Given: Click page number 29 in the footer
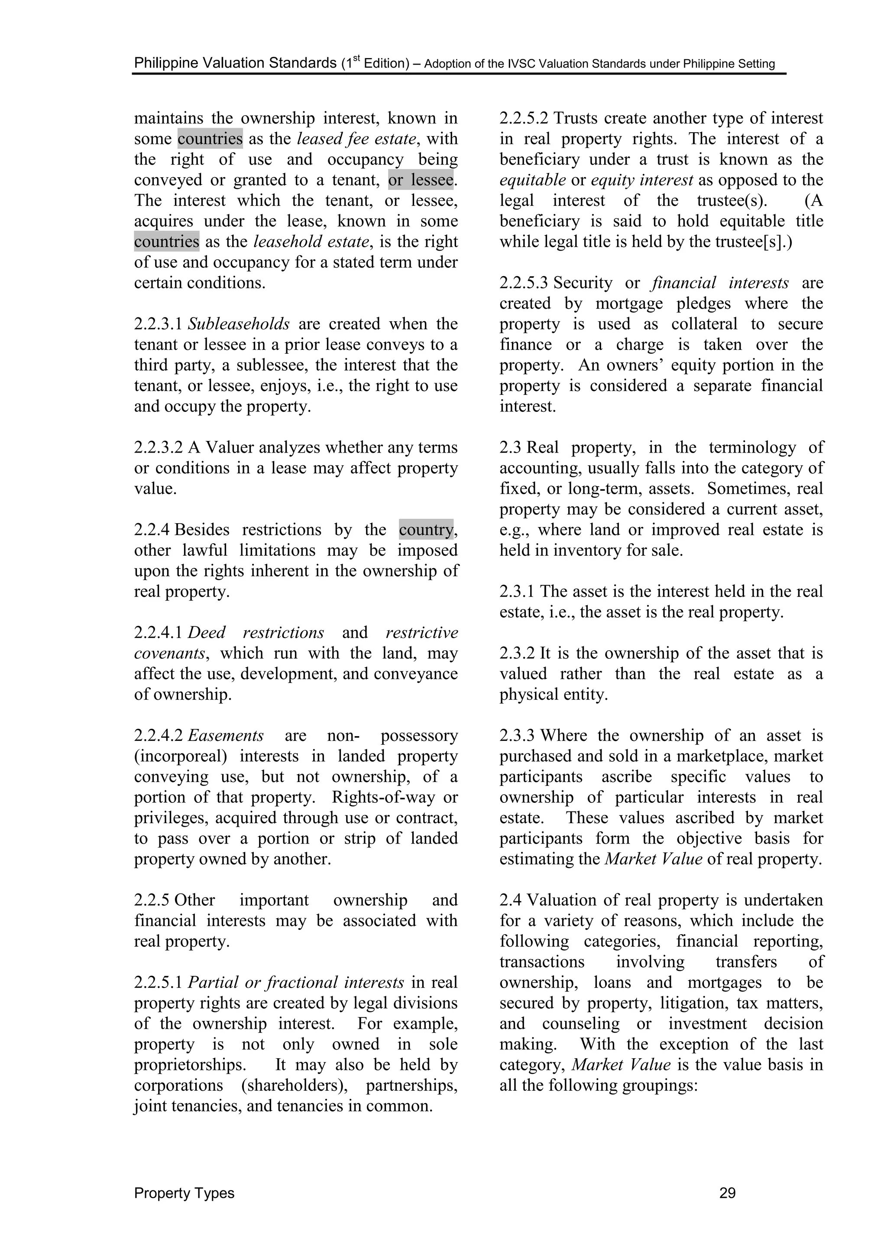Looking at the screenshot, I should (x=728, y=1193).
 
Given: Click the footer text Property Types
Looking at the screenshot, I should (x=184, y=1193).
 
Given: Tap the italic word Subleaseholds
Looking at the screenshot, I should (x=239, y=324).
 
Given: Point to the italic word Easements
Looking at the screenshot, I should (x=226, y=736).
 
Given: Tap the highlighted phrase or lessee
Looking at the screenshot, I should (x=421, y=180).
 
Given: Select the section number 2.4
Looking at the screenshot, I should (x=510, y=900).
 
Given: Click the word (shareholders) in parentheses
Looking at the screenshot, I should (x=294, y=1085).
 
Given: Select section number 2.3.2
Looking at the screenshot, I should (x=517, y=654).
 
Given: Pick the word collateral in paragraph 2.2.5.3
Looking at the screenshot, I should (x=704, y=324).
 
